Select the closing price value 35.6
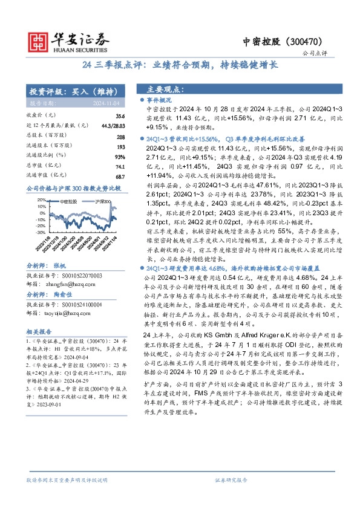tap(120, 115)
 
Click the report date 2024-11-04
tap(110, 103)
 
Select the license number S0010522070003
tap(68, 268)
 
